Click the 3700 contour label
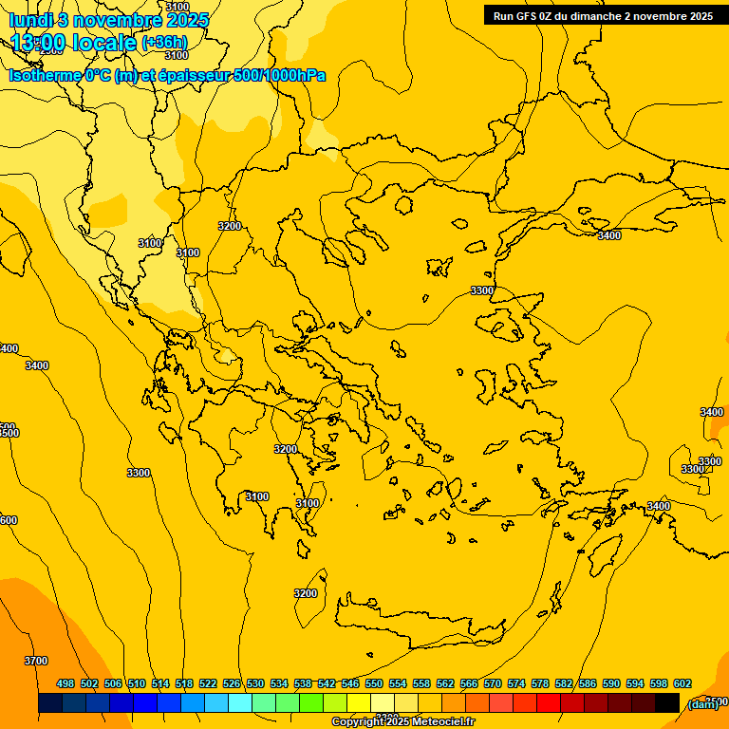coord(35,661)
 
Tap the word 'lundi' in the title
coord(30,20)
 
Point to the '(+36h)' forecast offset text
coord(163,43)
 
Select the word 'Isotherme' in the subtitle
coord(44,75)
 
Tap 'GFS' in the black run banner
coord(529,16)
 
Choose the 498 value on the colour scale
coord(65,683)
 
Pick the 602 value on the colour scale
coord(682,683)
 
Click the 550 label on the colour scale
coord(373,683)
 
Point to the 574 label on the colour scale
coord(515,683)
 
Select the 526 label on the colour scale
coord(232,683)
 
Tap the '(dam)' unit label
coord(703,703)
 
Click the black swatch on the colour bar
coord(667,703)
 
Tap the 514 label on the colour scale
coord(160,683)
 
